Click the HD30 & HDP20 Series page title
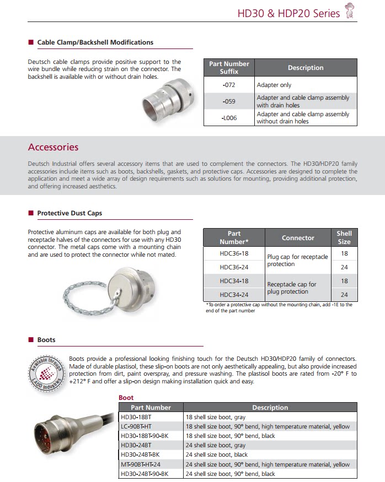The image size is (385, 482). click(x=288, y=13)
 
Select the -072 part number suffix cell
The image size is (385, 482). click(x=229, y=85)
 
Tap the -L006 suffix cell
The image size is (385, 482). click(x=229, y=118)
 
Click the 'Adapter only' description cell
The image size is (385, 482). click(x=274, y=85)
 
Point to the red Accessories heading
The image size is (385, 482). click(x=53, y=147)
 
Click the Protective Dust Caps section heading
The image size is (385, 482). click(x=69, y=213)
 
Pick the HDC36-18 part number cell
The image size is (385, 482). click(x=234, y=253)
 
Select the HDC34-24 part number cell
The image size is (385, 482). click(x=234, y=295)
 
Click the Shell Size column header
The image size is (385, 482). click(x=344, y=237)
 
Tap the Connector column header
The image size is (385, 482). click(x=298, y=237)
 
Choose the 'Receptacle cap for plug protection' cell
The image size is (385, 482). click(x=292, y=288)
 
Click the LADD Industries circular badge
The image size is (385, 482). click(x=47, y=372)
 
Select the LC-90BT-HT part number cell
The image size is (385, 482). click(x=141, y=426)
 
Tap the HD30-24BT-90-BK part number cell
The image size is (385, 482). click(x=145, y=474)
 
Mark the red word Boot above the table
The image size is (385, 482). click(x=126, y=397)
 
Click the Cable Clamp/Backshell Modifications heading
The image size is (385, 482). click(x=95, y=42)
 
